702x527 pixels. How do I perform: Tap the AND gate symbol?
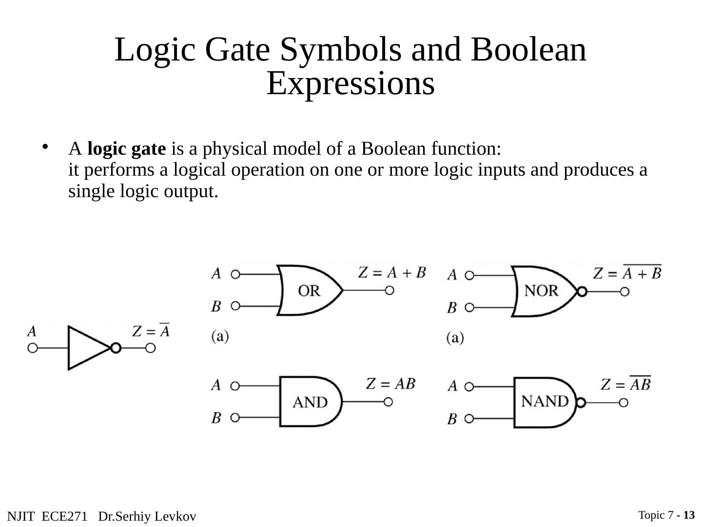[310, 402]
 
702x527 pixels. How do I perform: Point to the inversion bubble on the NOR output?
[581, 292]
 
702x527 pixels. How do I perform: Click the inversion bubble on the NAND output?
[581, 403]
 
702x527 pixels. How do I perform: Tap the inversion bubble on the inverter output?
[116, 348]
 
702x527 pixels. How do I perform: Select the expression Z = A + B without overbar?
[392, 272]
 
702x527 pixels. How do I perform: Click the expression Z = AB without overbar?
[390, 385]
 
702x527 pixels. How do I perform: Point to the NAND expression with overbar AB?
[626, 385]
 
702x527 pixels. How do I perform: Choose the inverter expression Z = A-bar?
[151, 331]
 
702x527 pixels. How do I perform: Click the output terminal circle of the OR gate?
[390, 290]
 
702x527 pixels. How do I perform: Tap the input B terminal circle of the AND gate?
[235, 418]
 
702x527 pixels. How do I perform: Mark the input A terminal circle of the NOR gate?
[469, 275]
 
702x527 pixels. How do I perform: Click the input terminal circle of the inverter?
[33, 348]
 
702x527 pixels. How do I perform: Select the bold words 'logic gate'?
[127, 149]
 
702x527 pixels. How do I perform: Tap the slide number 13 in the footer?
[689, 515]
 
